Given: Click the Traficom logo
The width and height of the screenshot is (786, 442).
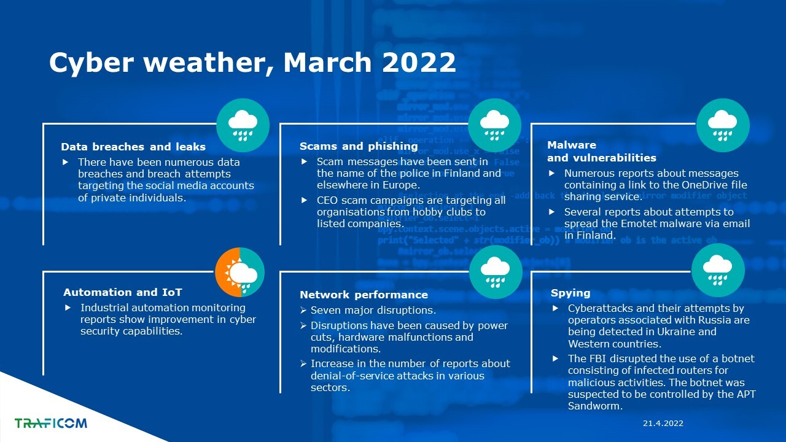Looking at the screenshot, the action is pyautogui.click(x=50, y=423).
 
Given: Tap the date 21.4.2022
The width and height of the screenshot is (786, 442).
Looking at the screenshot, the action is pyautogui.click(x=663, y=424).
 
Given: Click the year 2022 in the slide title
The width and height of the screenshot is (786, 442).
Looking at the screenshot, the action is pyautogui.click(x=419, y=62).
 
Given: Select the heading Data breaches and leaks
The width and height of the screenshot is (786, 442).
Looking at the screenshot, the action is pyautogui.click(x=133, y=147).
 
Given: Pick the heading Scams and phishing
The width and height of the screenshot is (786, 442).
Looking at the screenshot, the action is pyautogui.click(x=359, y=146).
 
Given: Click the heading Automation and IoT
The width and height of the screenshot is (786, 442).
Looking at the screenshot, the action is pyautogui.click(x=122, y=292).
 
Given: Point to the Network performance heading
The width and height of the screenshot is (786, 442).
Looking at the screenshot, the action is pyautogui.click(x=364, y=295).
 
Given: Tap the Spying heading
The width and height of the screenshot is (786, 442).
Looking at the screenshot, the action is pyautogui.click(x=570, y=293).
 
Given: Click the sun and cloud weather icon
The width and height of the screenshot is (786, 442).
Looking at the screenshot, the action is pyautogui.click(x=239, y=272).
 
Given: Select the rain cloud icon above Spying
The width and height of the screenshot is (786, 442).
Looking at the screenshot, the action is pyautogui.click(x=718, y=270).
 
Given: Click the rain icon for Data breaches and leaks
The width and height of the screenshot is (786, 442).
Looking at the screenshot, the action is pyautogui.click(x=243, y=125).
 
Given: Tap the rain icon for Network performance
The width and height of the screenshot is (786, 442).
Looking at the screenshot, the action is pyautogui.click(x=496, y=272).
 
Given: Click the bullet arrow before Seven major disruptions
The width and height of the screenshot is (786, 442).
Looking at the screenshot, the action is pyautogui.click(x=303, y=310).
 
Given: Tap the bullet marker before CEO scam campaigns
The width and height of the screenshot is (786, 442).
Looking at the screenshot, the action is pyautogui.click(x=304, y=200).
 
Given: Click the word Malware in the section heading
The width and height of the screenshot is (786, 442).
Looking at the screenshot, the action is pyautogui.click(x=572, y=145).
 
